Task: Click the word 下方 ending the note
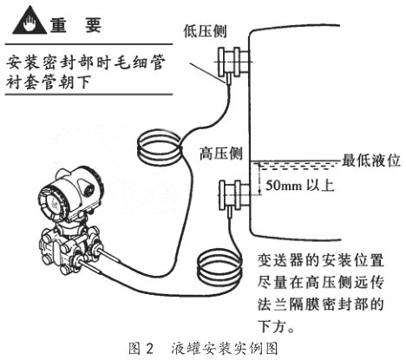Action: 275,324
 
